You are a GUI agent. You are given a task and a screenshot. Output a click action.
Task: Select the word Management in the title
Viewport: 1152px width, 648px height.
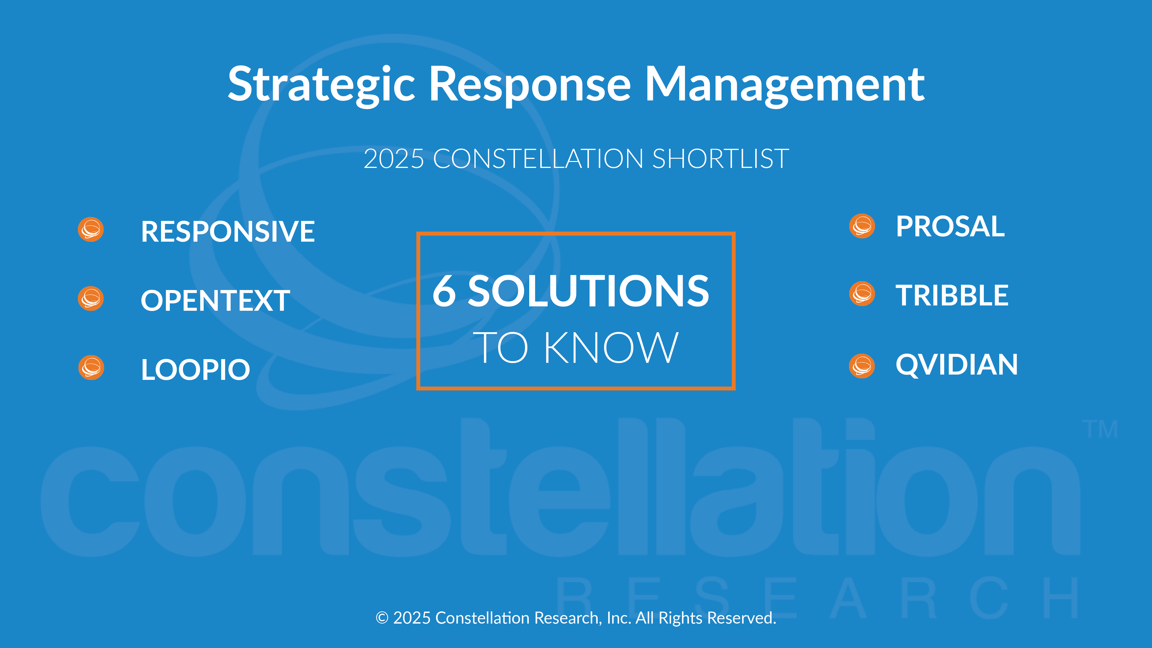coord(785,85)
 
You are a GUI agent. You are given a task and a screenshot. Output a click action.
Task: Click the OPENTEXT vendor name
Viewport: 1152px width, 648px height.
coord(215,301)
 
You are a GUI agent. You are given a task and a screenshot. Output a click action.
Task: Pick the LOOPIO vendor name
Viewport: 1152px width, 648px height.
coord(195,369)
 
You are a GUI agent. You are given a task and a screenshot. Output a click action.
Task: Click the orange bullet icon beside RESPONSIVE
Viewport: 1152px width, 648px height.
coord(91,230)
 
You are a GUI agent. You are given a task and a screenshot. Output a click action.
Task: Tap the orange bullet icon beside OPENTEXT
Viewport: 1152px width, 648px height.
coord(91,299)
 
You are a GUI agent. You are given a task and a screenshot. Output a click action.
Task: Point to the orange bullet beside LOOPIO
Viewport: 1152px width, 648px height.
coord(91,368)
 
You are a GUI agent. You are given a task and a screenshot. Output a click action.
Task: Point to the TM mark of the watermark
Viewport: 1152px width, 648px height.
coord(1100,429)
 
